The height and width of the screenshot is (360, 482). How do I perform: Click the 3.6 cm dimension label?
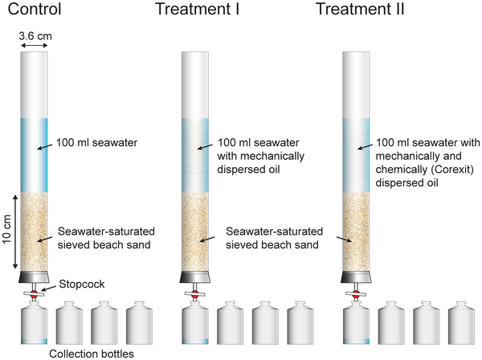[33, 36]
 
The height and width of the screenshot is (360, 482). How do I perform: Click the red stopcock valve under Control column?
[34, 294]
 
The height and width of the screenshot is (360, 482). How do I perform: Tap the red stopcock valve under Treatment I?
[194, 294]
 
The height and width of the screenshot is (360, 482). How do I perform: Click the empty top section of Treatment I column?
[194, 84]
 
